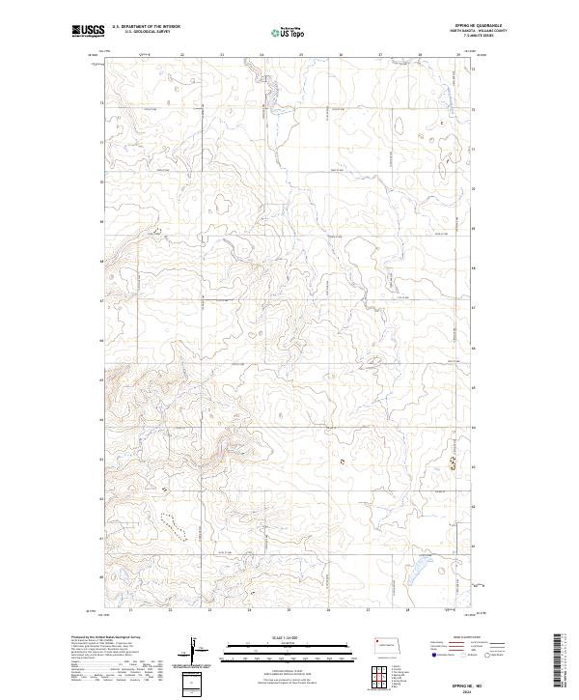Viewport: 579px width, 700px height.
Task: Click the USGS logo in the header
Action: point(88,32)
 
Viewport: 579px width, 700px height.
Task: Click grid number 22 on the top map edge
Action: point(182,55)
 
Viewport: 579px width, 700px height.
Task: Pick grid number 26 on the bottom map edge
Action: point(328,610)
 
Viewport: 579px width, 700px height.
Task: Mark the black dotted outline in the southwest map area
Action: point(169,523)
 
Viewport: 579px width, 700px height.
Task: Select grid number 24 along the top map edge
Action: point(262,55)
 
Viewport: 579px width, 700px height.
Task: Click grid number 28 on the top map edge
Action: point(420,55)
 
